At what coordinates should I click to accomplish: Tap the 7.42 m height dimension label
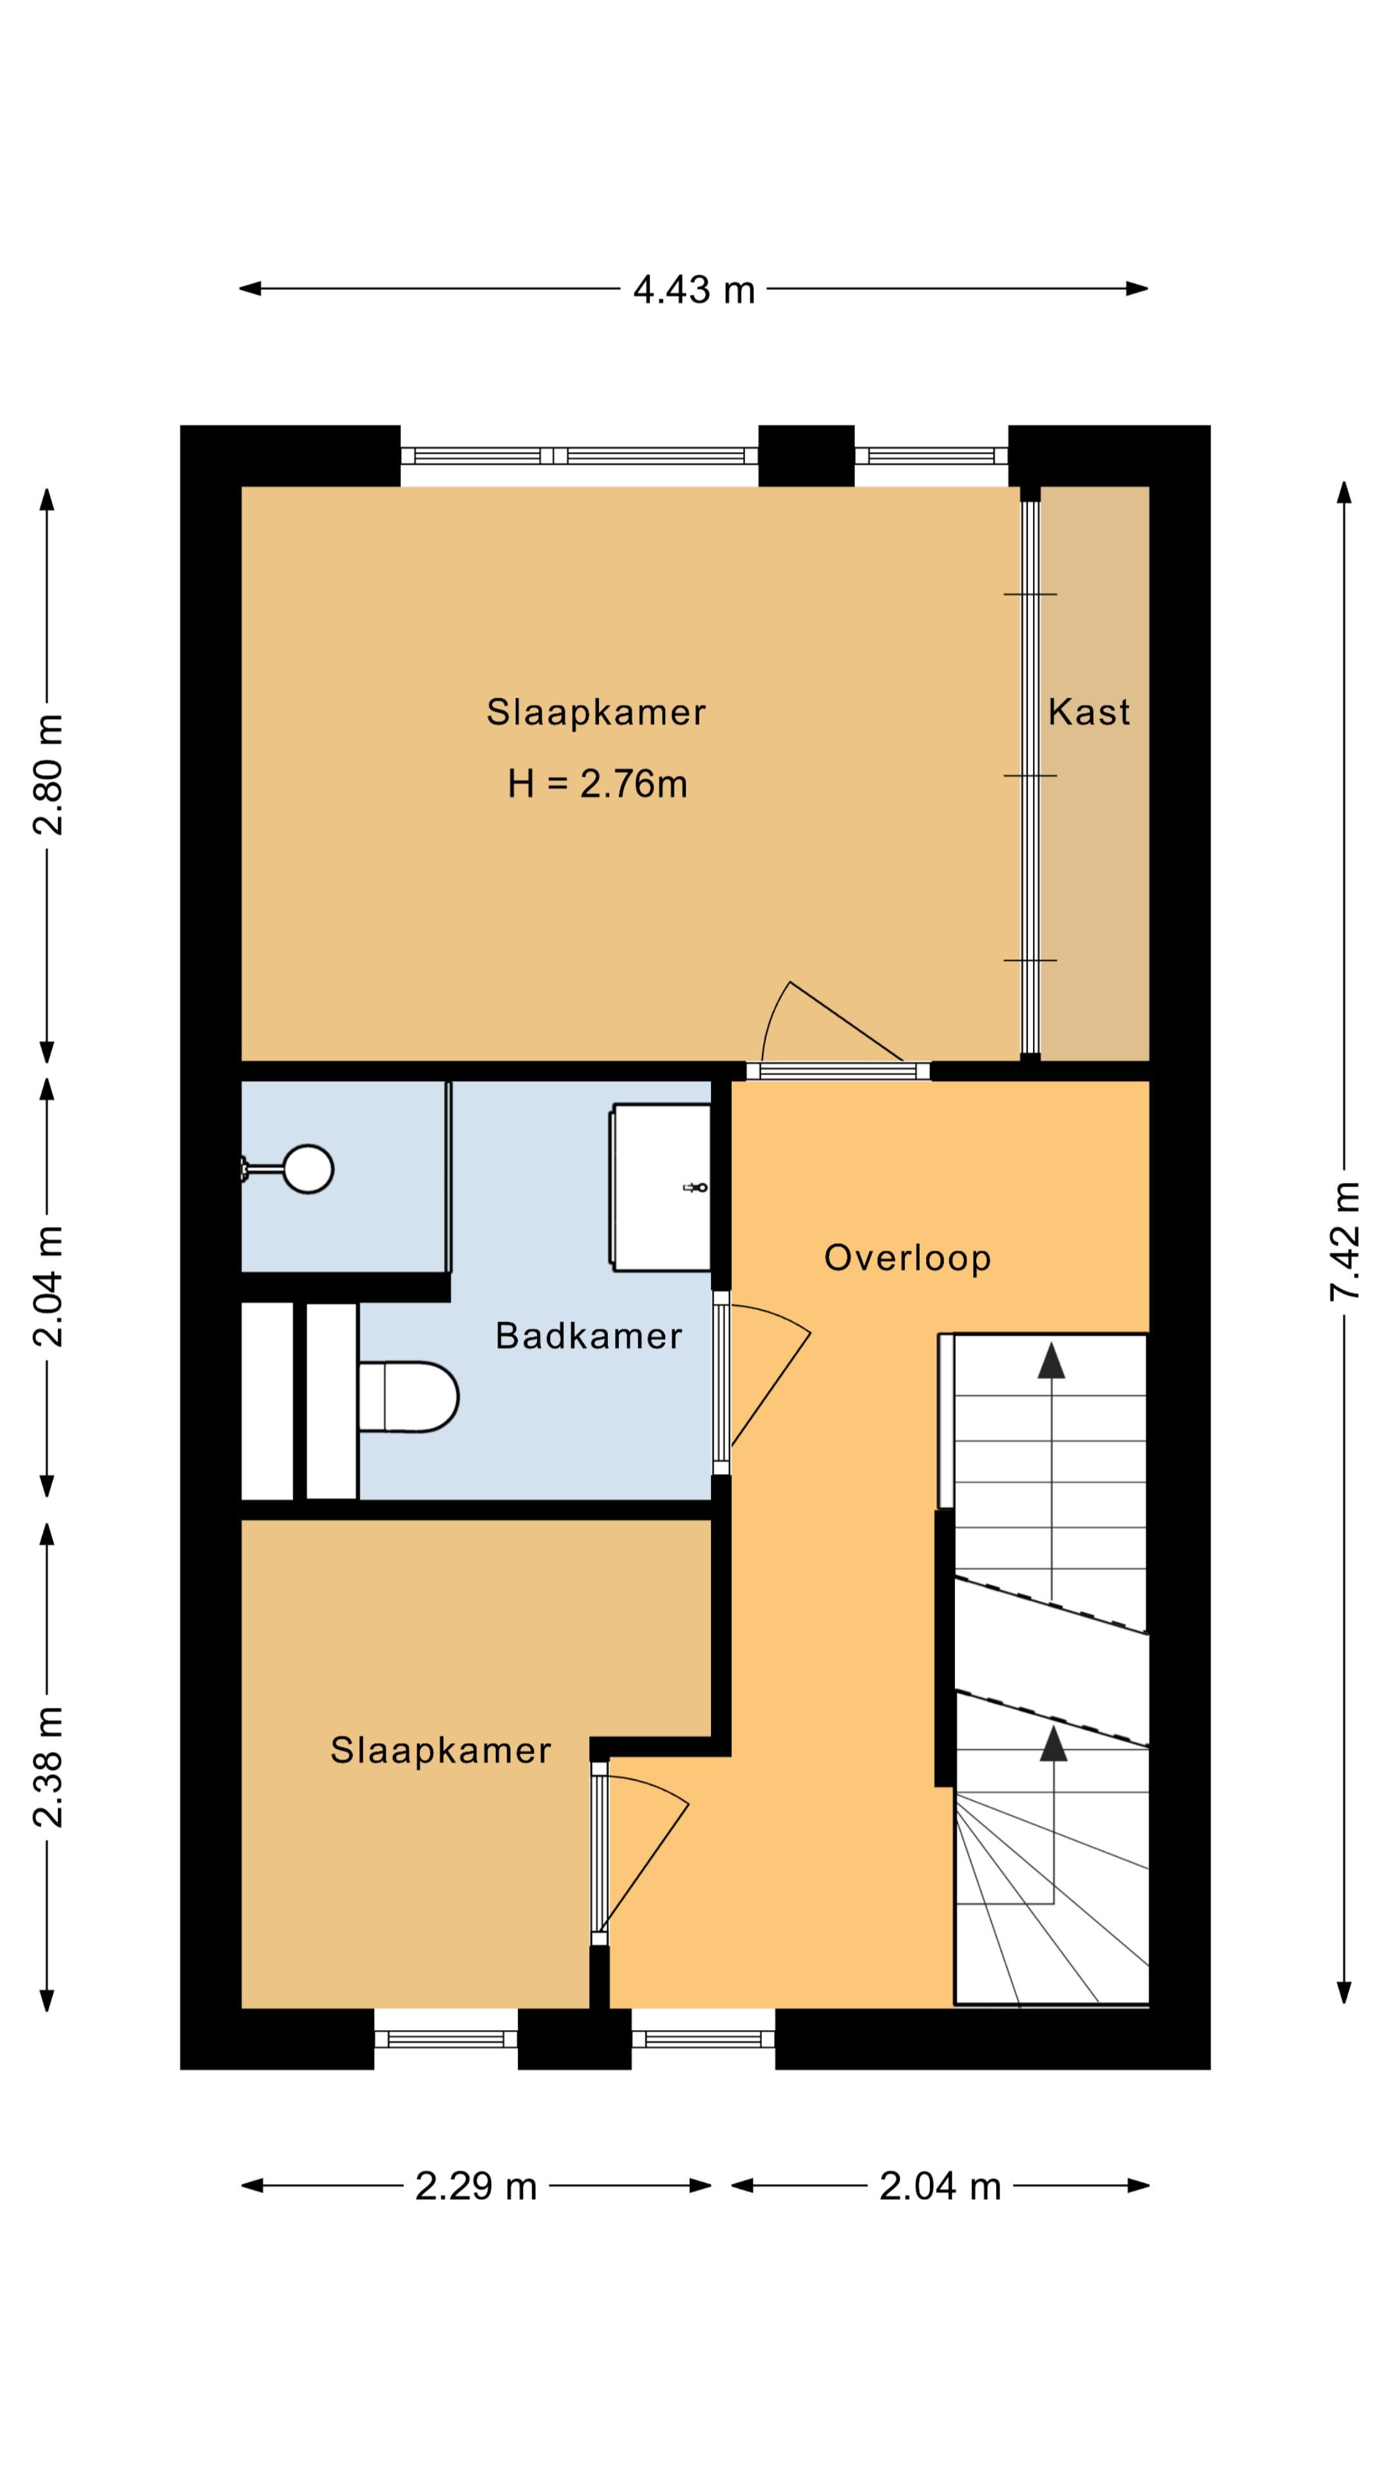[x=1344, y=1241]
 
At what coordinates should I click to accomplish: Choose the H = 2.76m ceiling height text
[x=597, y=783]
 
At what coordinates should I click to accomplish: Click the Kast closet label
[x=1088, y=712]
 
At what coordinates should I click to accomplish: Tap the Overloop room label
[x=907, y=1257]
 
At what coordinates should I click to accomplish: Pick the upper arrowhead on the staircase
[x=1051, y=1360]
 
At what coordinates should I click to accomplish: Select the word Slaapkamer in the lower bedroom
[x=440, y=1750]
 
